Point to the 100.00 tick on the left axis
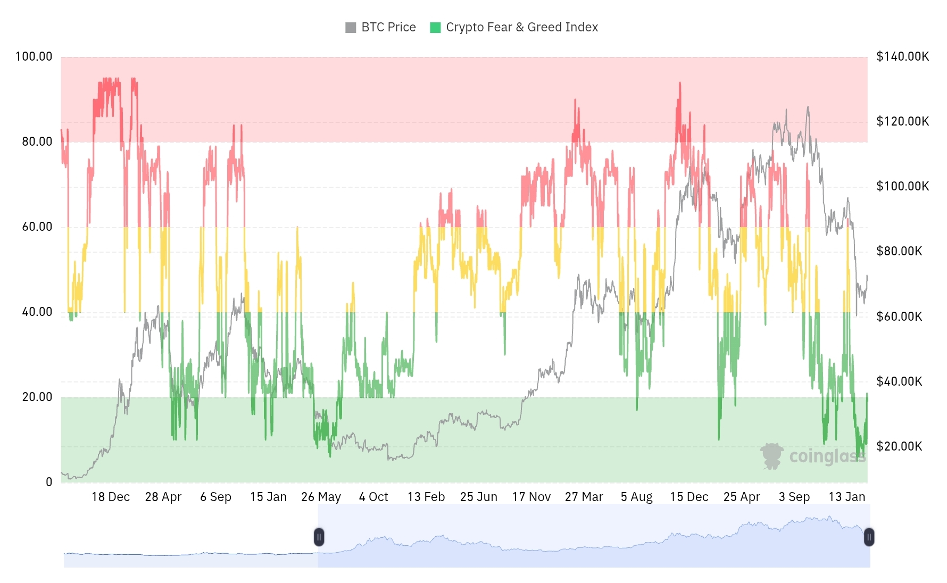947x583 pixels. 34,56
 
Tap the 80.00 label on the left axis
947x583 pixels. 37,141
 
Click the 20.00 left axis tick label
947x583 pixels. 37,397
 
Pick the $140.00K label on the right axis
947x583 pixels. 902,56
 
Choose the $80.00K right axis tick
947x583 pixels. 899,251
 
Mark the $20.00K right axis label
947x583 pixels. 899,446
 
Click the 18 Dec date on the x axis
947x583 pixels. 111,497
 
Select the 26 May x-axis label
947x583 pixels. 321,497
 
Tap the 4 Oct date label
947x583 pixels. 373,497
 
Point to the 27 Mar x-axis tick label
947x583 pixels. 584,497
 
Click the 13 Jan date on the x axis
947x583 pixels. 847,497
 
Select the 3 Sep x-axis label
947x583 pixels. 794,497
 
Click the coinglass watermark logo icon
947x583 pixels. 771,456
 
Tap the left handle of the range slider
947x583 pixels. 319,537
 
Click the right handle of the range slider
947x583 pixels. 869,537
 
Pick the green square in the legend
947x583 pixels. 435,28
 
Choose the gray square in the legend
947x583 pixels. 351,28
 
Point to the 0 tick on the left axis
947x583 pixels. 49,482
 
